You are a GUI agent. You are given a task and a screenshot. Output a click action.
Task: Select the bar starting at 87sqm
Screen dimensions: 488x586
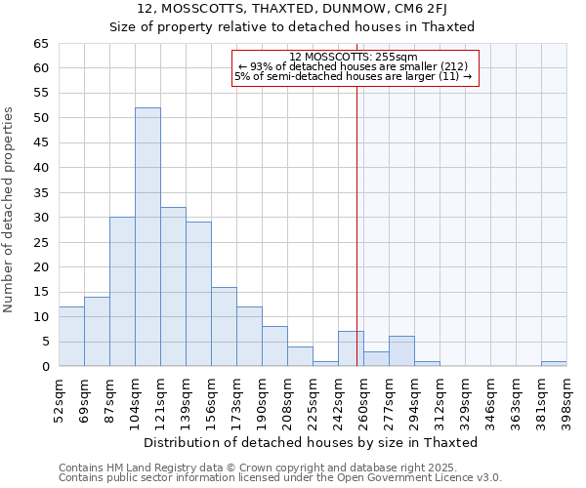122,292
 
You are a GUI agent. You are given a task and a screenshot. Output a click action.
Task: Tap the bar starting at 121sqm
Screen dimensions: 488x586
173,287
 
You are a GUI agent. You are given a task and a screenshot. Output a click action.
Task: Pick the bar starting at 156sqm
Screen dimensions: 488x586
224,327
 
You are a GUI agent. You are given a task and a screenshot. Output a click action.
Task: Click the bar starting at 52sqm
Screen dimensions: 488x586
71,337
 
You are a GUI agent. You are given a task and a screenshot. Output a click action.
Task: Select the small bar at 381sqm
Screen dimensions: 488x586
554,364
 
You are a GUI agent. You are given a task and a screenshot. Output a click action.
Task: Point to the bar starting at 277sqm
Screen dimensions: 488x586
401,351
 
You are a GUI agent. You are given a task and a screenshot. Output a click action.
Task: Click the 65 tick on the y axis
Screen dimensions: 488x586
40,44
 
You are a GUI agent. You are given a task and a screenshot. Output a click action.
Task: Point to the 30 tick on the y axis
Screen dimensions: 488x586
40,218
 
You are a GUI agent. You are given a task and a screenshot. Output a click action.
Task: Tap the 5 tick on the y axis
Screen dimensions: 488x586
44,342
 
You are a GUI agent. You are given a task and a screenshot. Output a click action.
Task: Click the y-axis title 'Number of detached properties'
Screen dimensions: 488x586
10,210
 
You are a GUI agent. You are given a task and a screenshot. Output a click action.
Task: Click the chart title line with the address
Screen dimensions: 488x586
292,9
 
